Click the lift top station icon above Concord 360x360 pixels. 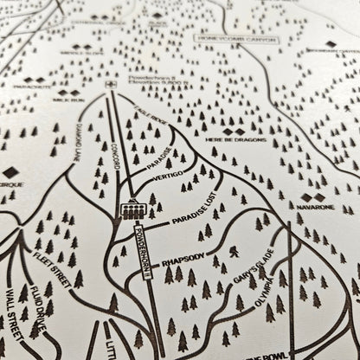(110, 85)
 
